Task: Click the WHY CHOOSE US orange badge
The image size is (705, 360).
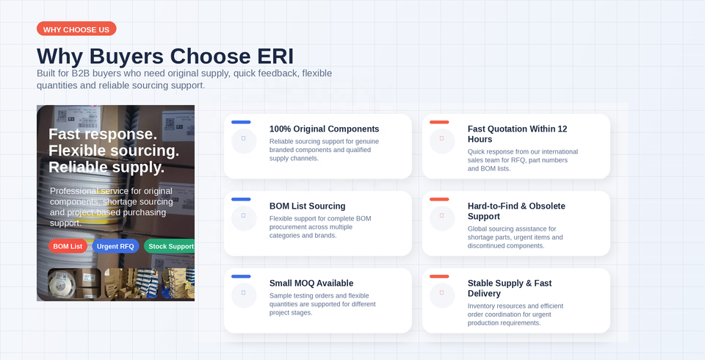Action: [76, 29]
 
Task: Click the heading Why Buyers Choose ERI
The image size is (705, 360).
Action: [165, 57]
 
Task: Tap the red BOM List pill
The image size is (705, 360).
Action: [68, 246]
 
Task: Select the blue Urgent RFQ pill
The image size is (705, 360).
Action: [115, 246]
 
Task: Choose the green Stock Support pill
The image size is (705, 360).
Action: [170, 246]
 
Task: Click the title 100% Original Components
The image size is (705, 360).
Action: [324, 129]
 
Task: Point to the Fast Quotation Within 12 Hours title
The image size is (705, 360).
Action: [517, 134]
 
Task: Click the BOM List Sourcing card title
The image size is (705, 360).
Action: [308, 206]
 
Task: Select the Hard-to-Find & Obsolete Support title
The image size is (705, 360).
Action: [516, 211]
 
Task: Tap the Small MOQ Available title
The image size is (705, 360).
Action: [311, 283]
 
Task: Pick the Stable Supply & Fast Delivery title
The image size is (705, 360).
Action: [510, 289]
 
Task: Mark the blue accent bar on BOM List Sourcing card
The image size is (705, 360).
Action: [241, 199]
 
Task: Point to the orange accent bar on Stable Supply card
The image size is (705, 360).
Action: [439, 276]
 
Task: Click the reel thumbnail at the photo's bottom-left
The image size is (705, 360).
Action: [74, 284]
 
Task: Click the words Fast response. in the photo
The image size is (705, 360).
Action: [103, 134]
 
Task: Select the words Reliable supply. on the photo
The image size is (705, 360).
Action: [106, 167]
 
